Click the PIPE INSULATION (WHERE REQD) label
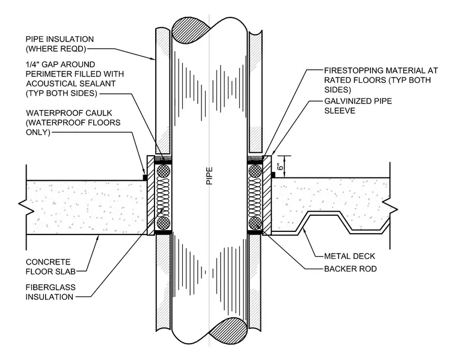point(60,44)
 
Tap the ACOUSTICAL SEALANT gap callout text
point(75,79)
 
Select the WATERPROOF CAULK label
point(73,123)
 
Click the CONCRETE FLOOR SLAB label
point(51,267)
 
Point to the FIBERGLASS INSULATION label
point(51,292)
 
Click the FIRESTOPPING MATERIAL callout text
point(381,80)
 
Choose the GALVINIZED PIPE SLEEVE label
point(358,106)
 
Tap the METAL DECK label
point(349,256)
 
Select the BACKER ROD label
point(351,269)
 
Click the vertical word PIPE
point(209,175)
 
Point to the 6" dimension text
point(280,166)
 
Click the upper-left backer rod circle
point(164,171)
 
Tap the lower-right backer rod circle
point(255,223)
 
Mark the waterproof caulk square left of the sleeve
point(144,177)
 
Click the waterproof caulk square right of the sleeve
point(274,175)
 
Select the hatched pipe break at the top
point(191,30)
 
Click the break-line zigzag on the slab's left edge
point(25,207)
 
